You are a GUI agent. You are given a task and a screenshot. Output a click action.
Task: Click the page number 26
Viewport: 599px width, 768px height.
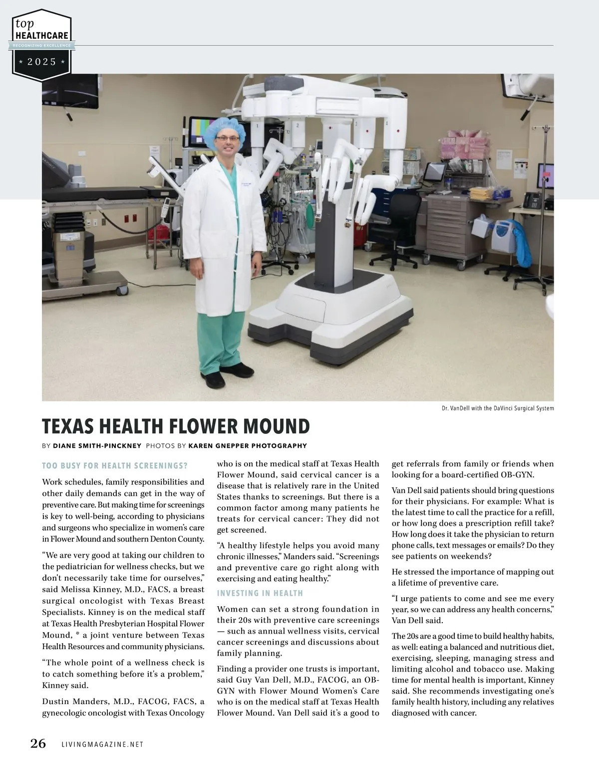[x=38, y=744]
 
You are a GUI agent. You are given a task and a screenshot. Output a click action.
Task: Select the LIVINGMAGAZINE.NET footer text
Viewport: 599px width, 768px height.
[x=102, y=744]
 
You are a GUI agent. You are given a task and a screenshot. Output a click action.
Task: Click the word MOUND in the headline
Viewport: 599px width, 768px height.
[x=276, y=427]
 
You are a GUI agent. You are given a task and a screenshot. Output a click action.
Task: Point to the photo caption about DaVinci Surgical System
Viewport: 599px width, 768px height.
[x=497, y=408]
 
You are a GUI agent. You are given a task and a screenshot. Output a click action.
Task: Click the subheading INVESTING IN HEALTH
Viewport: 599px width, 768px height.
[x=260, y=593]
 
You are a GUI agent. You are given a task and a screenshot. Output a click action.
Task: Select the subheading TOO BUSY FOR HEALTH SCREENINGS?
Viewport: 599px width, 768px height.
[x=115, y=466]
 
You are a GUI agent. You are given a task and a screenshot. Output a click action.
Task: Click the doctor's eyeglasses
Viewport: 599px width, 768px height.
[x=228, y=139]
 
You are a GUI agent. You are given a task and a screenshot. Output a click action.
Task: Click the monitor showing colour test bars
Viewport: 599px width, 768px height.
[x=203, y=132]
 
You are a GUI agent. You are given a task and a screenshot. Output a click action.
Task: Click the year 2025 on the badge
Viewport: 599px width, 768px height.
[x=42, y=62]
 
